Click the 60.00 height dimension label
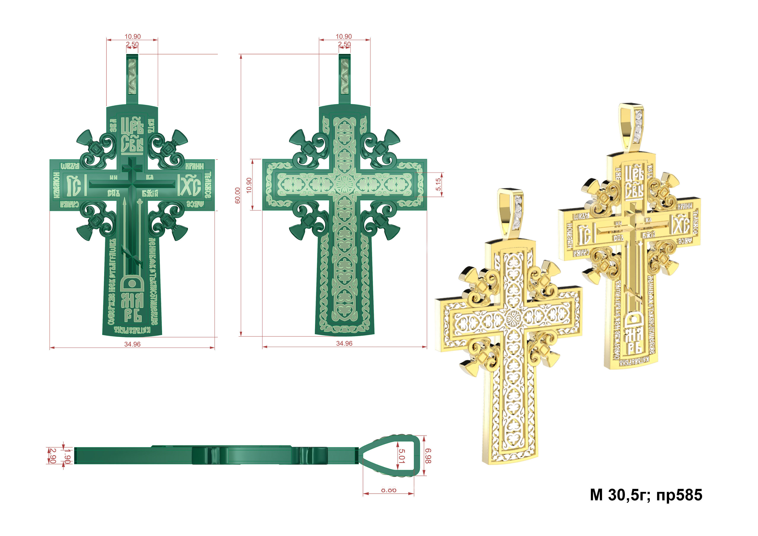tap(238, 195)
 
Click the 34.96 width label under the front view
tap(132, 344)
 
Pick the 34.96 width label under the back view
tap(344, 343)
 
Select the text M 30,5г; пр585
tap(646, 495)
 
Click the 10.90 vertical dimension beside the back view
tap(249, 185)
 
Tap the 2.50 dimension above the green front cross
tap(132, 44)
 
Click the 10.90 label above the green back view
tap(344, 36)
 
